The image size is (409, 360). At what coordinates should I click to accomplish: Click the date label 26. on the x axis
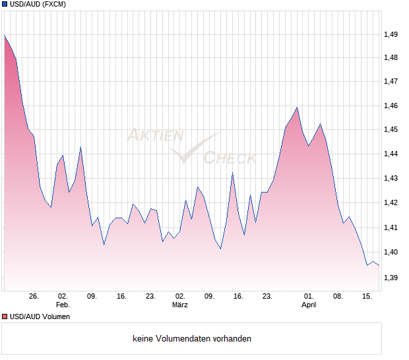[34, 297]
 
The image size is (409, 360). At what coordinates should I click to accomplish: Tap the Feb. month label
[63, 305]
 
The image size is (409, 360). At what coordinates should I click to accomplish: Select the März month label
[180, 305]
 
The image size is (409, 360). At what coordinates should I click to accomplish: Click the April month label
[309, 305]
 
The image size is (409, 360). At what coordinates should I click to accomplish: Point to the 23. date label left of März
[150, 297]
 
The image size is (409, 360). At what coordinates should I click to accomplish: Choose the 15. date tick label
[367, 297]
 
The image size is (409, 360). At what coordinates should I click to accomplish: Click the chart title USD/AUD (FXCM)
[38, 4]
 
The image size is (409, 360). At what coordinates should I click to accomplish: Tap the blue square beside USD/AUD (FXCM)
[5, 4]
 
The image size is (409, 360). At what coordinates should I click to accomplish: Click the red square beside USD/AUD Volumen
[5, 316]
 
